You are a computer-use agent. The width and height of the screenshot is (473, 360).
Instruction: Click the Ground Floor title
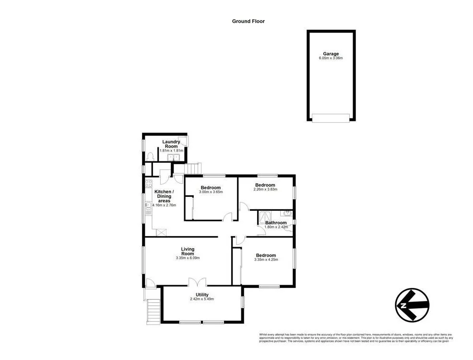click(x=248, y=21)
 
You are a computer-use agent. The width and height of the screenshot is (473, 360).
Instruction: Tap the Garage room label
click(x=331, y=54)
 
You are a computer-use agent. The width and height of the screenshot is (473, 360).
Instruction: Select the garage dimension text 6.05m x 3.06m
click(x=331, y=59)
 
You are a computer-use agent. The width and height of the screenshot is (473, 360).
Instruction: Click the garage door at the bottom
click(x=331, y=118)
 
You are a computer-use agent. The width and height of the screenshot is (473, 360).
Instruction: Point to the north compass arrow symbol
click(x=412, y=305)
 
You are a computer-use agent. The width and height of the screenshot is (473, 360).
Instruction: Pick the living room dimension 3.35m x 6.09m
click(x=188, y=258)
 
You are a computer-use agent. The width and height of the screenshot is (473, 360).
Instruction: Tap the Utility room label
click(x=201, y=294)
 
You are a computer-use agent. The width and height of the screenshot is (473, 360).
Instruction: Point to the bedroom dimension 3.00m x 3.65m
click(x=211, y=192)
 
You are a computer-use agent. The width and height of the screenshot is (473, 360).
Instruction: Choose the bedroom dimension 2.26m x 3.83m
click(x=265, y=190)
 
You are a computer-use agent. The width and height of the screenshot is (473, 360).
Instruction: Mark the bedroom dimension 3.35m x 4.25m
click(x=266, y=260)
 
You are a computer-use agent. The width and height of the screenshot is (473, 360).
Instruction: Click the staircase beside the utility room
click(x=154, y=311)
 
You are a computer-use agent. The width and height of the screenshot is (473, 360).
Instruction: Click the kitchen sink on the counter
click(x=148, y=206)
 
